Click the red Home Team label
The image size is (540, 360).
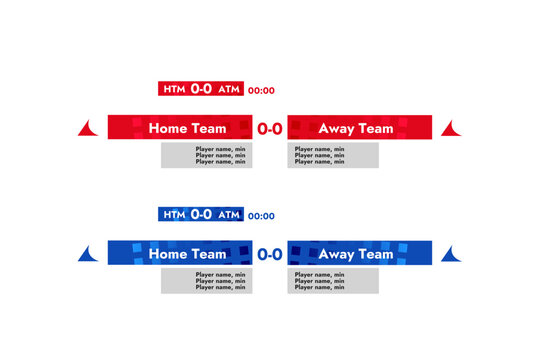(187, 128)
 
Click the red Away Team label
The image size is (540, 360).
(355, 128)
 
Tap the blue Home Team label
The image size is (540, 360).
(187, 254)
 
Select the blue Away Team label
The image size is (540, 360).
(355, 254)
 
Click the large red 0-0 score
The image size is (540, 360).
(270, 128)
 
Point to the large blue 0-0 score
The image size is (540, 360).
(270, 254)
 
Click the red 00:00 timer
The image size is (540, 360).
(261, 90)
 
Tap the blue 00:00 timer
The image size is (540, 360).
(261, 216)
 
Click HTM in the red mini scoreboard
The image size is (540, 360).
(174, 89)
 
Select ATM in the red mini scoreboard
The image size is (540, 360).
(229, 89)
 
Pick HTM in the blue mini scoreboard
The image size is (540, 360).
(174, 215)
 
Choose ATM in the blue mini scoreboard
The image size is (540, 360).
(229, 215)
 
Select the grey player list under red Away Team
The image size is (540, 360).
(333, 155)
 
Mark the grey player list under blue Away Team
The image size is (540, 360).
(333, 281)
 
